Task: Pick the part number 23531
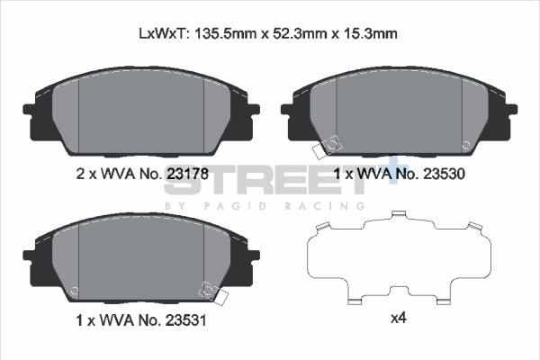[188, 318]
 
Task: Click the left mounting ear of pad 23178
[30, 110]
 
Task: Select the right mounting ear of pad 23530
[510, 110]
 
